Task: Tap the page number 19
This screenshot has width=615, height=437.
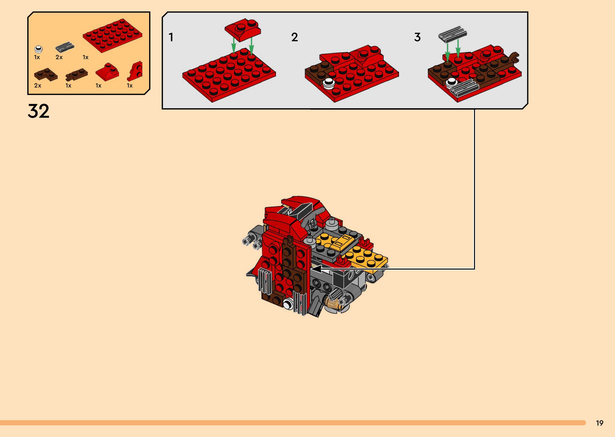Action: (x=599, y=423)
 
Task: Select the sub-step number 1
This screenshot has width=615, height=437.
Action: (x=171, y=37)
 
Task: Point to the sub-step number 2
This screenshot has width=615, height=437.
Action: (x=294, y=37)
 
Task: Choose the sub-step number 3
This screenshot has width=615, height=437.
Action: (x=417, y=37)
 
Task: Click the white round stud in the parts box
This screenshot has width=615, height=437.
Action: (x=39, y=49)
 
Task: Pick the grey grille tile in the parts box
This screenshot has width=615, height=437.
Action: (x=65, y=47)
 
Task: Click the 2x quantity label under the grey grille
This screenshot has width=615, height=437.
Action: (x=59, y=57)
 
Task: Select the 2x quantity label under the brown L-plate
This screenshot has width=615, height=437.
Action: (x=37, y=86)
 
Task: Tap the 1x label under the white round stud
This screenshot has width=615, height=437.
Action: (x=37, y=57)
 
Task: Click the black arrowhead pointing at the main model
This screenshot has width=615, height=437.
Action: (x=317, y=269)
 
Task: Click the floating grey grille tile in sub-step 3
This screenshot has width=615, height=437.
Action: (x=453, y=34)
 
